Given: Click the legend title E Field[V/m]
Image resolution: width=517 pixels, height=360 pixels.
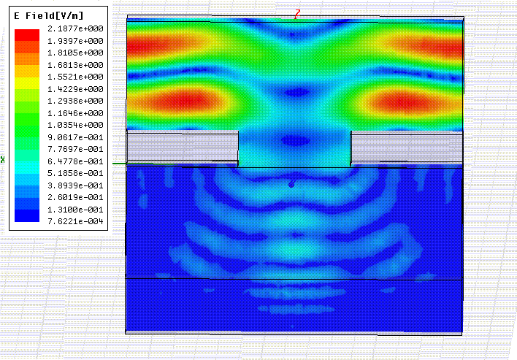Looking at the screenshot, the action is point(49,15).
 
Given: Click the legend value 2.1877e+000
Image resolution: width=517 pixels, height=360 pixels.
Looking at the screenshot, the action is point(75,28).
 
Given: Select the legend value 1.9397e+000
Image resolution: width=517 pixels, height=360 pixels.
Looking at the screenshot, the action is point(75,41).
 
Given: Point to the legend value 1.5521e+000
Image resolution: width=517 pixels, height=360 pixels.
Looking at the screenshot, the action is point(75,77).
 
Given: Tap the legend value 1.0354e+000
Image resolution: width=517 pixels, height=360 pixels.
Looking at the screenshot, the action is point(75,125).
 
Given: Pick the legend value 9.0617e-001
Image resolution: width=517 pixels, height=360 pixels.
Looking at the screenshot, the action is point(75,137).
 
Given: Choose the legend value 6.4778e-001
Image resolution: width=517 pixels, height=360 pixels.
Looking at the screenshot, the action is point(75,161).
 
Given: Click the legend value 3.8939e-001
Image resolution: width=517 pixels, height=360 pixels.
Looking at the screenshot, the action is point(75,185).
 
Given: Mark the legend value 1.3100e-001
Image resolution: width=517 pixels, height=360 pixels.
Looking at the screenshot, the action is point(75,210).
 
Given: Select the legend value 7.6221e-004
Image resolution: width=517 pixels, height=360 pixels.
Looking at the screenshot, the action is point(75,221).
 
